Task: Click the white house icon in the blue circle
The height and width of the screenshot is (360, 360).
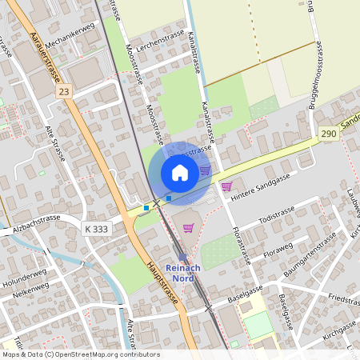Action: pos(180,172)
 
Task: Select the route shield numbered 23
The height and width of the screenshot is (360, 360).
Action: pos(63,92)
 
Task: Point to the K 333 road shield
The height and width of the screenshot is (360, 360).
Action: pos(96,229)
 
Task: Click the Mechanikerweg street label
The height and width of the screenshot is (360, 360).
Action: pos(70,35)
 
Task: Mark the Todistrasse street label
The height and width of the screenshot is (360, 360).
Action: pos(277,211)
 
